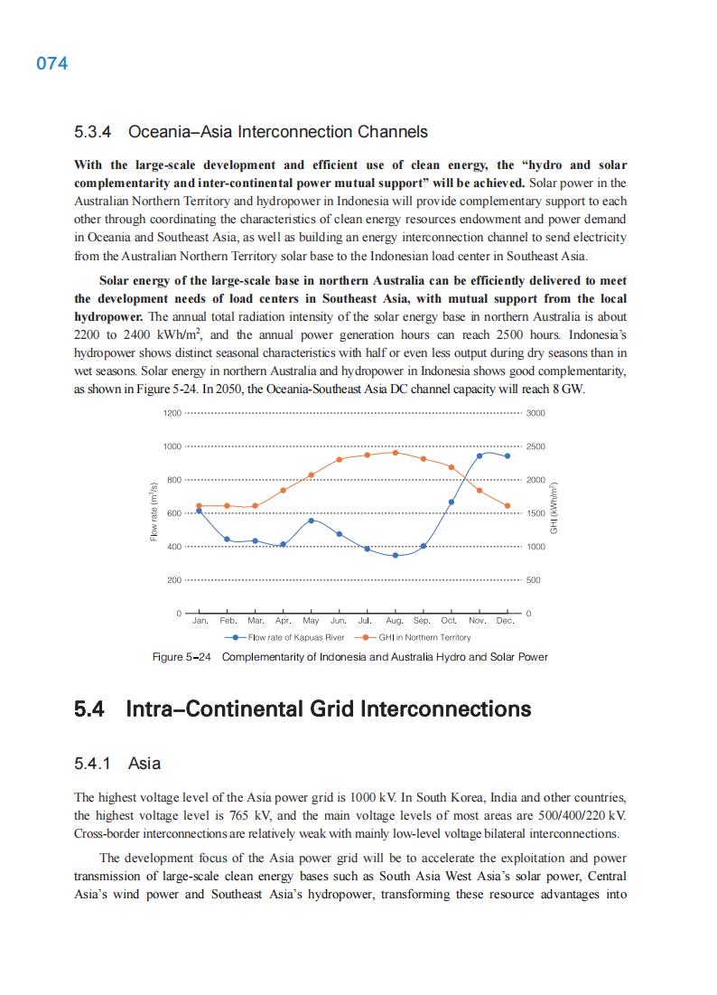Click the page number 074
(x=52, y=63)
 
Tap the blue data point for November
(x=480, y=455)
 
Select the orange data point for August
(x=395, y=452)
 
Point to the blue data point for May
(x=311, y=521)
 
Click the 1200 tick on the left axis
(x=172, y=413)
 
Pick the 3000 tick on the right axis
(x=535, y=413)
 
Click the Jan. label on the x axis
(x=200, y=621)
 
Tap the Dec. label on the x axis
(x=505, y=621)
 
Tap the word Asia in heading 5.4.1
(x=144, y=764)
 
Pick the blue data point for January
(x=199, y=511)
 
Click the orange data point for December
(x=507, y=506)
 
